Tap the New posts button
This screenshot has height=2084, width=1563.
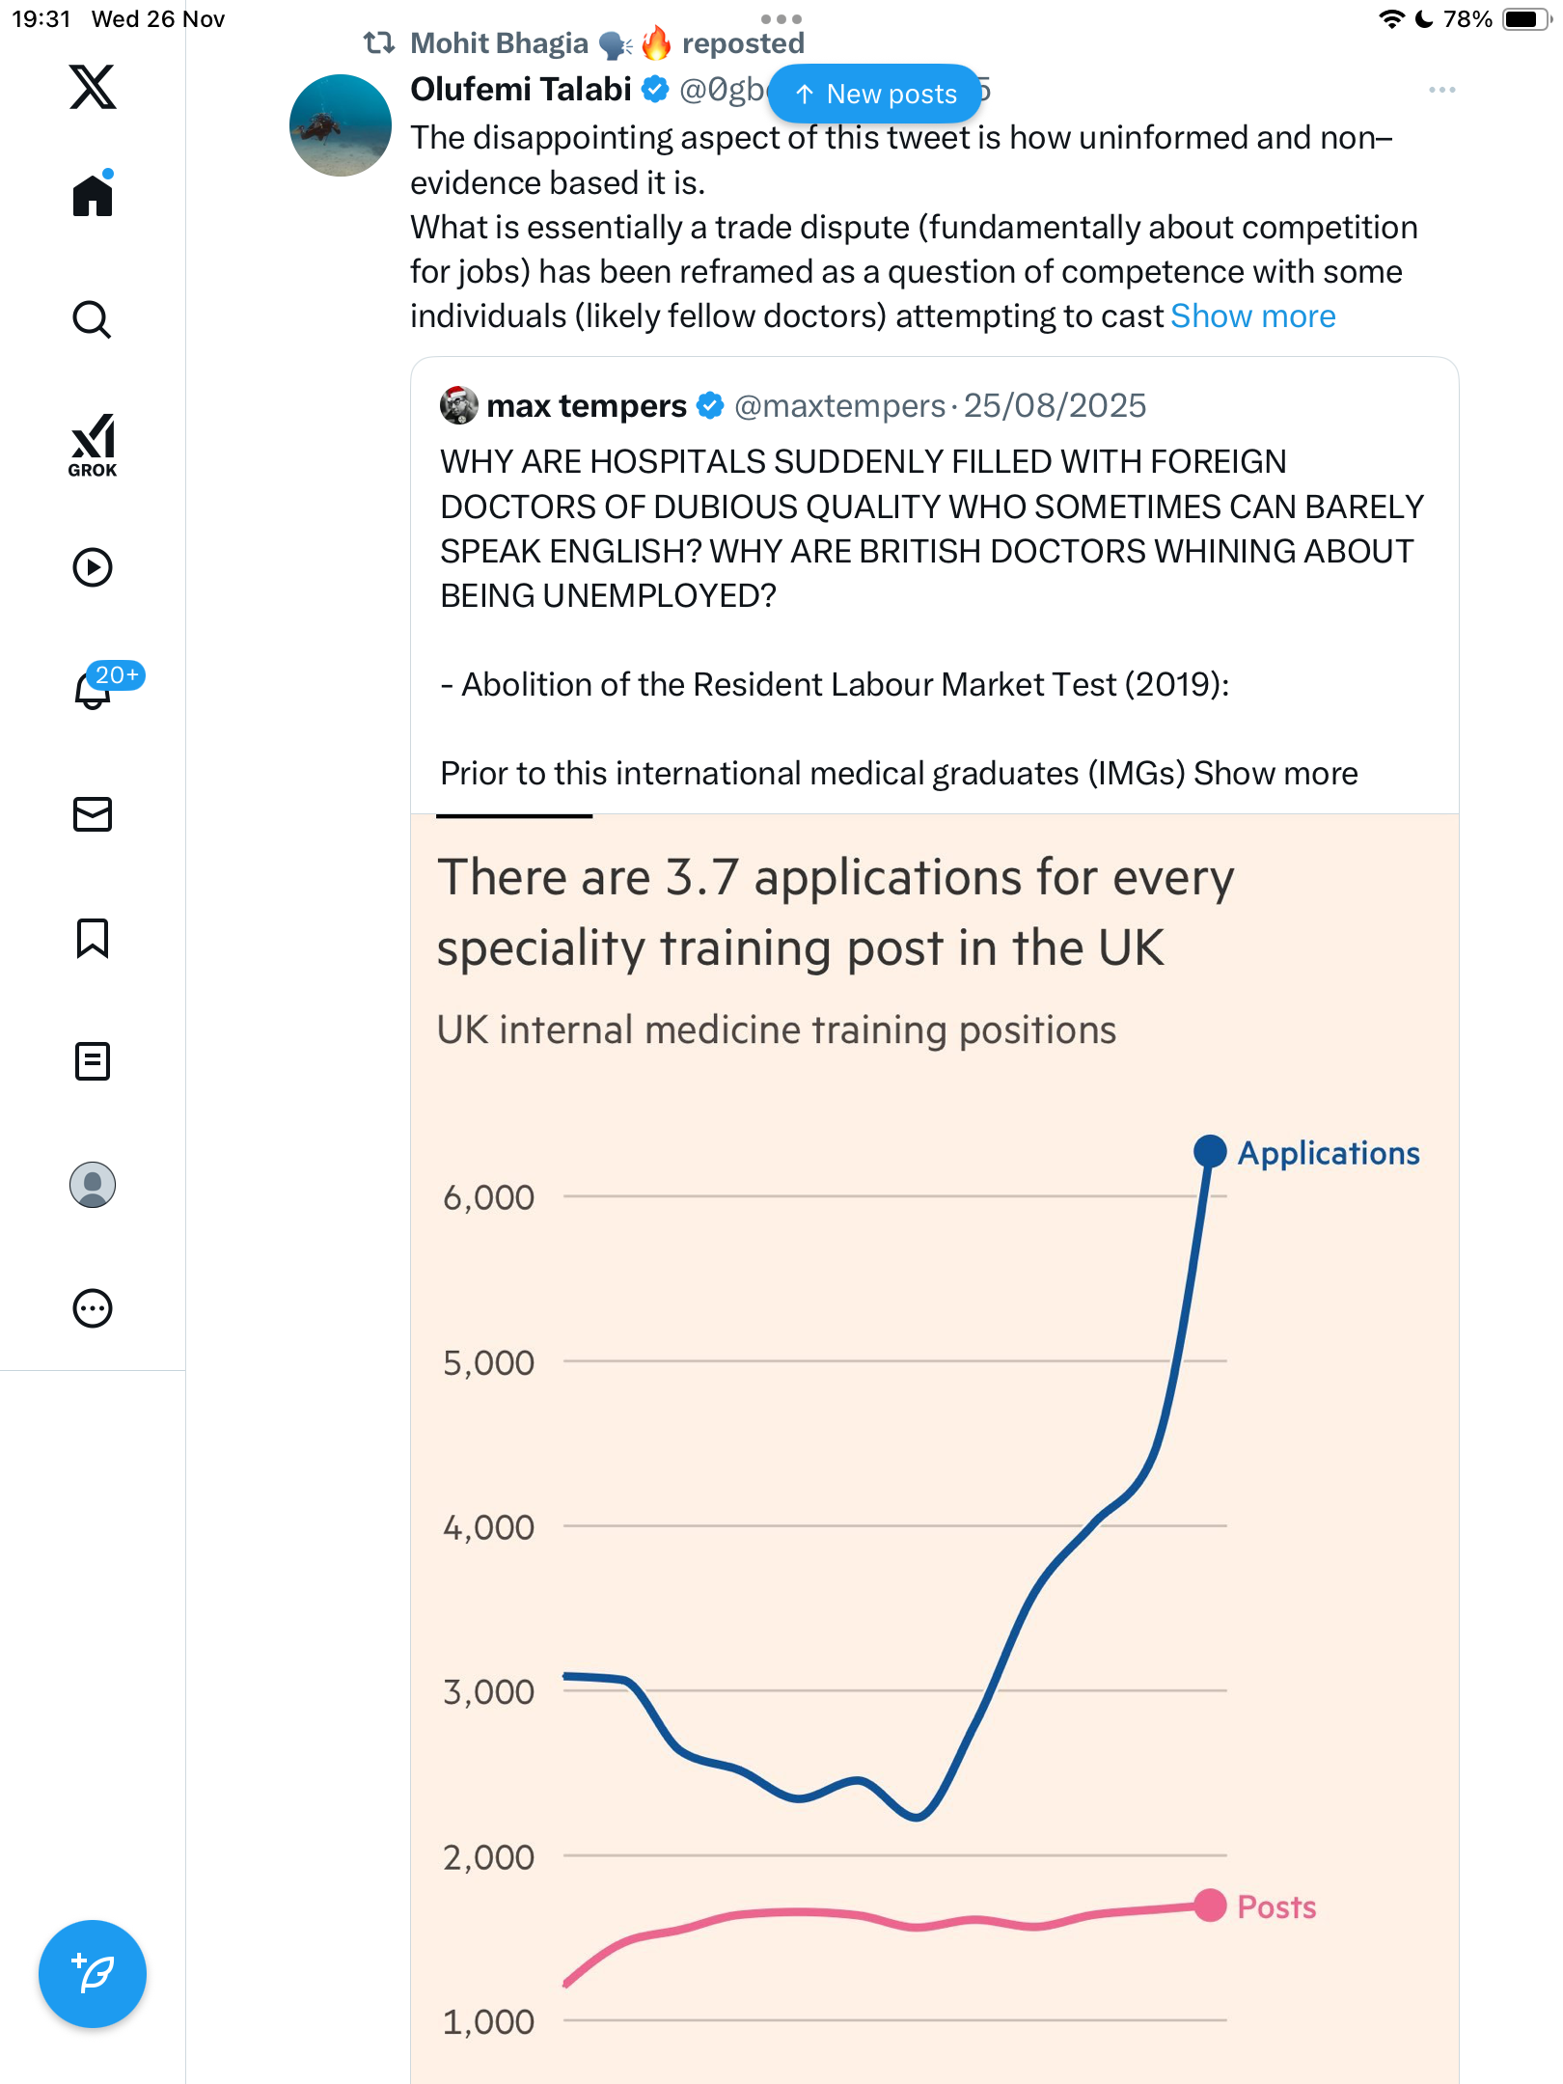(x=875, y=94)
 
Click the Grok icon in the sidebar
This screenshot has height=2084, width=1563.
(x=93, y=445)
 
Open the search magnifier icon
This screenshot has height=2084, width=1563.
(x=93, y=319)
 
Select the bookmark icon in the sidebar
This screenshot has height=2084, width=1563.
(x=93, y=938)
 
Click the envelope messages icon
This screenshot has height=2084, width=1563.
(x=93, y=814)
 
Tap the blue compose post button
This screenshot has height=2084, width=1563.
(x=93, y=1974)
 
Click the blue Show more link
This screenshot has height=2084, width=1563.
(x=1252, y=316)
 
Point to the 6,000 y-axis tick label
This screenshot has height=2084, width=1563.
(x=488, y=1197)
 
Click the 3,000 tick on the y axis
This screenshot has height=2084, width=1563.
(x=488, y=1691)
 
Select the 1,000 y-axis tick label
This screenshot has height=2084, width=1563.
(x=488, y=2021)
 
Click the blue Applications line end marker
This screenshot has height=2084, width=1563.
(x=1210, y=1151)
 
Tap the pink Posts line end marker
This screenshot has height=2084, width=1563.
(x=1210, y=1906)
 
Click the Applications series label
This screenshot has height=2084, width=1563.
(x=1329, y=1153)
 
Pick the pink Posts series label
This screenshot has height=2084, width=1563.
(x=1276, y=1907)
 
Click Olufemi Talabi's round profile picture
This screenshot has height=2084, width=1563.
(x=341, y=125)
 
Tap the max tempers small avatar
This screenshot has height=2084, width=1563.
(x=459, y=405)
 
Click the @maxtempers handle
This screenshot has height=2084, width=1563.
(x=839, y=406)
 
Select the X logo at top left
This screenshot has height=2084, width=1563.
(x=93, y=87)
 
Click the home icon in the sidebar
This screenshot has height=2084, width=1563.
(x=93, y=196)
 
